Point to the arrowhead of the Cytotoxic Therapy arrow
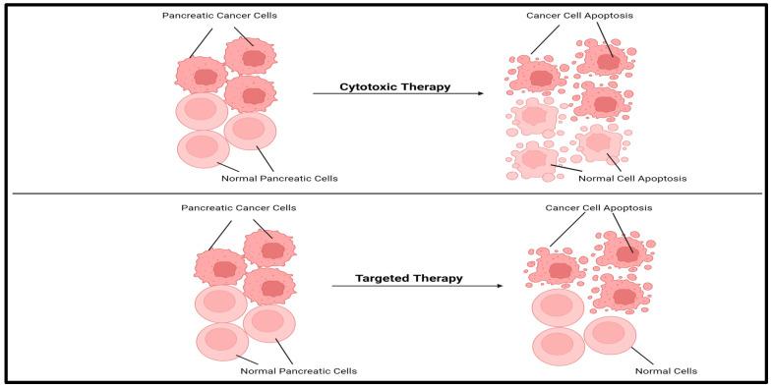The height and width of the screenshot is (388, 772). pos(480,93)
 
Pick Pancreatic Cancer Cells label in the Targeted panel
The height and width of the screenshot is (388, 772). pos(239,208)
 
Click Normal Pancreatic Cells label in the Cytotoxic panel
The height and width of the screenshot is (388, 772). pos(280,178)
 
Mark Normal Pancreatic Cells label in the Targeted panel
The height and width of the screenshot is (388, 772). pos(298,370)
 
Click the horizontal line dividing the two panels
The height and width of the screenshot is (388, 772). pos(386,194)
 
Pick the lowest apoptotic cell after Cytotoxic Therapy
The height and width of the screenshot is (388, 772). pos(533,160)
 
